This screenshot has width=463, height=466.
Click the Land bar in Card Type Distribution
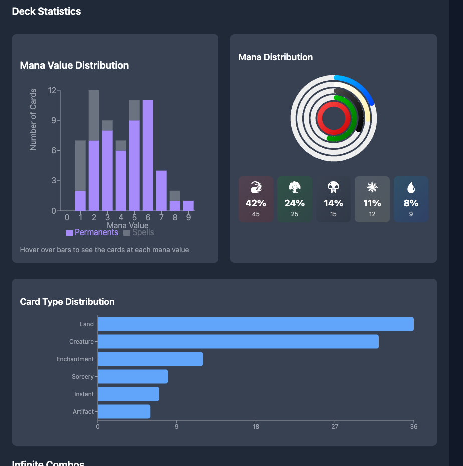click(x=256, y=324)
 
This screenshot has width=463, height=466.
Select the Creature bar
click(x=238, y=342)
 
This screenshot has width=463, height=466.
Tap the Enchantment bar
click(x=150, y=359)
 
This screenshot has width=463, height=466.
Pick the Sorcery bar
click(x=133, y=377)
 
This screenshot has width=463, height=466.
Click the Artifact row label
click(x=83, y=412)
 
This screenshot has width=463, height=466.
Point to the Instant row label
click(x=84, y=394)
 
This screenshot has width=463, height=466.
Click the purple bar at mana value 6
click(x=148, y=155)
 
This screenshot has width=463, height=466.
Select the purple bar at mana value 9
click(x=188, y=206)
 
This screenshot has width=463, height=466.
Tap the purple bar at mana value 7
click(x=161, y=190)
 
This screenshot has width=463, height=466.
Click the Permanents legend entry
click(x=92, y=232)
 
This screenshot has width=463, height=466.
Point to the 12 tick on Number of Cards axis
click(x=52, y=91)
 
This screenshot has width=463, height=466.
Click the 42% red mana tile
click(x=256, y=199)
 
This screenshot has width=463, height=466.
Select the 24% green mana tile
click(x=295, y=199)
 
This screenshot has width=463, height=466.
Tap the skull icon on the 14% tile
click(x=333, y=188)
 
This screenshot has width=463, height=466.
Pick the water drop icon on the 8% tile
click(x=411, y=188)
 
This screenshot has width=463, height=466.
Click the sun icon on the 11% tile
click(x=372, y=188)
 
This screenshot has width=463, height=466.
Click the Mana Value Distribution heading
click(x=74, y=65)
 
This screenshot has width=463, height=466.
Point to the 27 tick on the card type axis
click(x=335, y=427)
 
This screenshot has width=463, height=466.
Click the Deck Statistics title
click(x=46, y=11)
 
